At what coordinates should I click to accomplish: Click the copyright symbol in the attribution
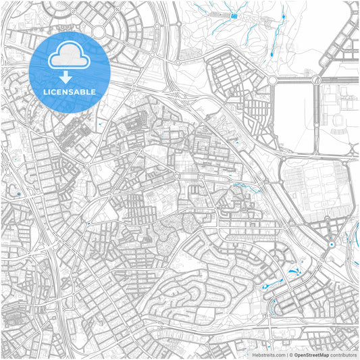pos(291,354)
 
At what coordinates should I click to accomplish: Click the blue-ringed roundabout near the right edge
pos(332,244)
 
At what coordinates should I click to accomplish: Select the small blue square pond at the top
pos(234,16)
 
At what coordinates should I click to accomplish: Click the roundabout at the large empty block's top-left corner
pos(272,80)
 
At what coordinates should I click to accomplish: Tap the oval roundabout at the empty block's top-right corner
pos(315,80)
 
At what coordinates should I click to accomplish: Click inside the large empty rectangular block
pos(294,118)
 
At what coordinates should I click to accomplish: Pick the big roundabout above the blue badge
pos(99,31)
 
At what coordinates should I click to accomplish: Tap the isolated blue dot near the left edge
pos(18,194)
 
